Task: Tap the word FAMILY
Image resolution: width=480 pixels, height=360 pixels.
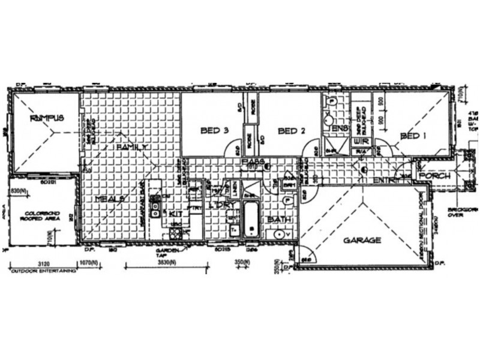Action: pyautogui.click(x=131, y=146)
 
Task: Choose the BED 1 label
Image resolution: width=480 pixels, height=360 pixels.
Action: pyautogui.click(x=413, y=136)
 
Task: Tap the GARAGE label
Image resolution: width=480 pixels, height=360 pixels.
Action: pyautogui.click(x=362, y=240)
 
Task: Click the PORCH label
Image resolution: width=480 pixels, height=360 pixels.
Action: pyautogui.click(x=434, y=176)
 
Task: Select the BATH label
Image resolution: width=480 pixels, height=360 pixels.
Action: pyautogui.click(x=279, y=220)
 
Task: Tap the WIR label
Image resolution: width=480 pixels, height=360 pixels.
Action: pyautogui.click(x=362, y=142)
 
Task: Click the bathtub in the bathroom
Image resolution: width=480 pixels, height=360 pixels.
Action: pyautogui.click(x=251, y=220)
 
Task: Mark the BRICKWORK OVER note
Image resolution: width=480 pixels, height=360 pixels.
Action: pyautogui.click(x=463, y=213)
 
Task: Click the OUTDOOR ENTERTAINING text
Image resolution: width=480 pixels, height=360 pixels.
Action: pyautogui.click(x=43, y=271)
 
